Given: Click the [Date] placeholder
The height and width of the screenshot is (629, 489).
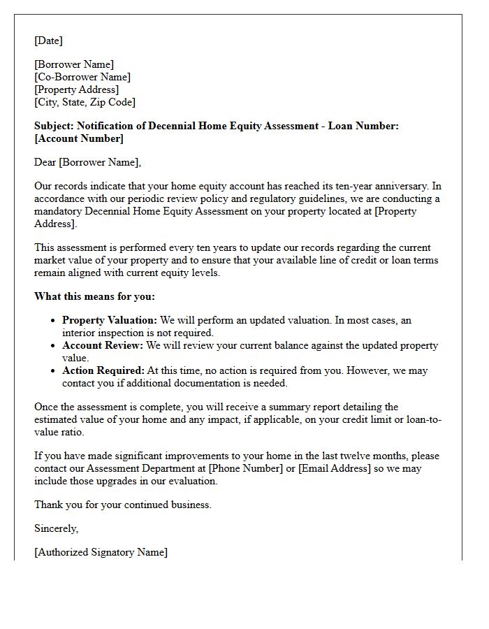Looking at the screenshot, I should tap(48, 41).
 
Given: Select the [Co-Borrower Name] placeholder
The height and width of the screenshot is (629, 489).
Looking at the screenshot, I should tap(82, 77).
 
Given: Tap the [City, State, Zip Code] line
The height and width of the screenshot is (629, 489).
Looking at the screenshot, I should tap(85, 102).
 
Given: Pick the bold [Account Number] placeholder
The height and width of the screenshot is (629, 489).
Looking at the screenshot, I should tap(79, 138).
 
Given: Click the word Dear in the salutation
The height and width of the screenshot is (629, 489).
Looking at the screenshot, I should tap(45, 162).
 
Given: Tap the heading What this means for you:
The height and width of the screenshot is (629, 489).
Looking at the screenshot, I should tap(94, 296).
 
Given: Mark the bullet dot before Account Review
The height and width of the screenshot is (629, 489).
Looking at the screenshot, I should tap(53, 346).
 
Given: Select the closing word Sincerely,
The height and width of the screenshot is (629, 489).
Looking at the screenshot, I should tap(57, 528).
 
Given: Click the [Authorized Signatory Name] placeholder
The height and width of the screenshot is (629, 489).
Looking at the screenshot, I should tap(101, 552).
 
